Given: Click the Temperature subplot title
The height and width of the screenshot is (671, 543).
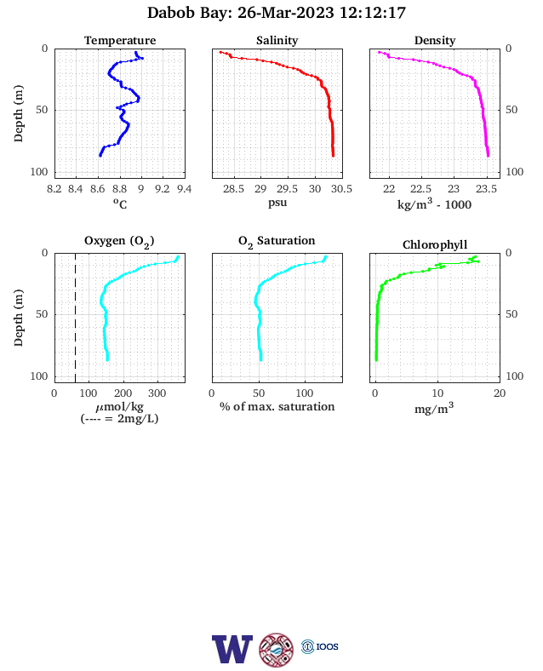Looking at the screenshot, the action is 120,40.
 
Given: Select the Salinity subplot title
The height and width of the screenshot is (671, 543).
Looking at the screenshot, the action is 277,40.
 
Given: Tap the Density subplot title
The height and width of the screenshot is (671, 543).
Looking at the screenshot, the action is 435,40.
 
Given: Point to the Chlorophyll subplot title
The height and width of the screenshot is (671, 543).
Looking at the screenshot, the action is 435,244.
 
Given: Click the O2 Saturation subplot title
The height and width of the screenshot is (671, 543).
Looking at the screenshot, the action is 277,241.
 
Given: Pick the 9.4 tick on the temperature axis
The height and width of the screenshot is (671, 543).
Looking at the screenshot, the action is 185,189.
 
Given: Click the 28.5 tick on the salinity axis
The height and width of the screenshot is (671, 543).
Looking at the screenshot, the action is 233,189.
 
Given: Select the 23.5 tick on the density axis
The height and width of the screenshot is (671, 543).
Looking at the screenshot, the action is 487,189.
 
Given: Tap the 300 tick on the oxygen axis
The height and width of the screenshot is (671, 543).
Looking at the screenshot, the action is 157,393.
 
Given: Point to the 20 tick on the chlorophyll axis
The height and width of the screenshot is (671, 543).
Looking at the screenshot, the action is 500,393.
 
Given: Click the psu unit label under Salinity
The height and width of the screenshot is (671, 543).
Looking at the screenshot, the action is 277,203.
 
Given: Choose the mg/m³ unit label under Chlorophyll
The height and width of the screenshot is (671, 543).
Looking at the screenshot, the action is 434,409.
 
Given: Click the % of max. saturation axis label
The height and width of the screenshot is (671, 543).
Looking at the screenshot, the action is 277,406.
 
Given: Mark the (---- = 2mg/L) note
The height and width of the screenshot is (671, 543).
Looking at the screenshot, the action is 119,418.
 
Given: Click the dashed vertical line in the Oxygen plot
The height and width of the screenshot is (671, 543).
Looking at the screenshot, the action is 76,318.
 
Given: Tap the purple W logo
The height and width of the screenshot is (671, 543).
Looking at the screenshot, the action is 232,649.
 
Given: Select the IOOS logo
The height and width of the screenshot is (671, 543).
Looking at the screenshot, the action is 320,646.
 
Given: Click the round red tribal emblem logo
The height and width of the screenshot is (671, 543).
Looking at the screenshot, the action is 277,650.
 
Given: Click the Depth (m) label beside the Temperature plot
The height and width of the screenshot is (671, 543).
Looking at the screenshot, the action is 18,113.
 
